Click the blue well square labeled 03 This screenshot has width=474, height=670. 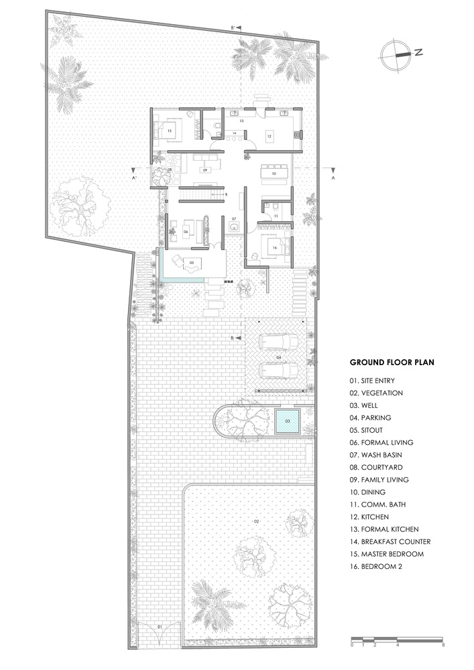[287, 421]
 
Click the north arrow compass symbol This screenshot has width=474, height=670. [396, 55]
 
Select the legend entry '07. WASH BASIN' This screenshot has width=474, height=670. [375, 455]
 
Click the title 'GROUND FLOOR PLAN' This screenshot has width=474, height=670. [392, 362]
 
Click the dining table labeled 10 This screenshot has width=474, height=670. [274, 174]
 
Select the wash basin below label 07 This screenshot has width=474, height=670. [234, 227]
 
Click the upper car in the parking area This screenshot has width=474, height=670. [279, 342]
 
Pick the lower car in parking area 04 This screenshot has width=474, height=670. [279, 370]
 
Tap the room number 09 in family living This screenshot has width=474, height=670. [205, 170]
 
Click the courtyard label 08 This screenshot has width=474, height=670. [169, 170]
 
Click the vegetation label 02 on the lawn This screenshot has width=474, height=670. [257, 521]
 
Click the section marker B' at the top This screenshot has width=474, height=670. [233, 27]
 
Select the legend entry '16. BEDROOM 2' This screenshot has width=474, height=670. [375, 567]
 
